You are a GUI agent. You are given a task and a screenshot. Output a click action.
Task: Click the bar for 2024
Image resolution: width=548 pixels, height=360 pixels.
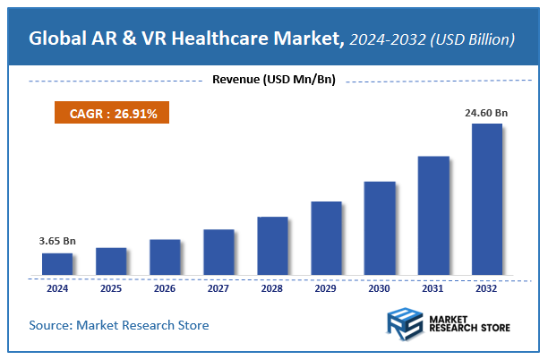point(57,263)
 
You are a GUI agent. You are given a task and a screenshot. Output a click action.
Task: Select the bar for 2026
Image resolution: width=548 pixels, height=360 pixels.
point(165,257)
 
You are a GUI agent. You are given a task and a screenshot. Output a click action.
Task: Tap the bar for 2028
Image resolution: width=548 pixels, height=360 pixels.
point(272,245)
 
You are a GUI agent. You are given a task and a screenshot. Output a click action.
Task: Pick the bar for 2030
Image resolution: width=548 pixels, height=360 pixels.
point(380,227)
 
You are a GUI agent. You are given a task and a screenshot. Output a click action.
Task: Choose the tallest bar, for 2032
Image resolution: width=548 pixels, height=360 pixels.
point(487,199)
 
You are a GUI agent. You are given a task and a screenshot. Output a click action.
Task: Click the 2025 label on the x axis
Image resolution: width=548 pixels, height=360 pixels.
point(111,288)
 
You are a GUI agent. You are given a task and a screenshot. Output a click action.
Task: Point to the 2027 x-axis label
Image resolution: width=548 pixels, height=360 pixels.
point(218,288)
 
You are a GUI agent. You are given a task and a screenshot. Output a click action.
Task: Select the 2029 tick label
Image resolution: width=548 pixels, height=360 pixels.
point(326,288)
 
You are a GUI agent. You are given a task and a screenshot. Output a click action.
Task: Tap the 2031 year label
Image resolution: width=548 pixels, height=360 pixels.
point(433,288)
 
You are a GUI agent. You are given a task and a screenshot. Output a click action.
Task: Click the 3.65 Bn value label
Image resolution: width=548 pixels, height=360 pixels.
point(56,242)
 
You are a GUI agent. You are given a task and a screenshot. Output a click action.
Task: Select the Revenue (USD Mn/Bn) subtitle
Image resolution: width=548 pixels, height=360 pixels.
point(274,81)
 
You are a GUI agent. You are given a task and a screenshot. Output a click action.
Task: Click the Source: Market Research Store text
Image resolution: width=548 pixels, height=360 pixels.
point(119,324)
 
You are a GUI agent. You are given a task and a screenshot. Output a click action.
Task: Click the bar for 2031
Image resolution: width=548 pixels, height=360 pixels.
point(433,215)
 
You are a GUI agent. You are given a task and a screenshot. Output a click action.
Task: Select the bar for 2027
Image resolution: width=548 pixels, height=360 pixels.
point(218,252)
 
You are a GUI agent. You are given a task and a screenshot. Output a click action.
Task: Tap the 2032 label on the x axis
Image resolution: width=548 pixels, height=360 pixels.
point(487,288)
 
